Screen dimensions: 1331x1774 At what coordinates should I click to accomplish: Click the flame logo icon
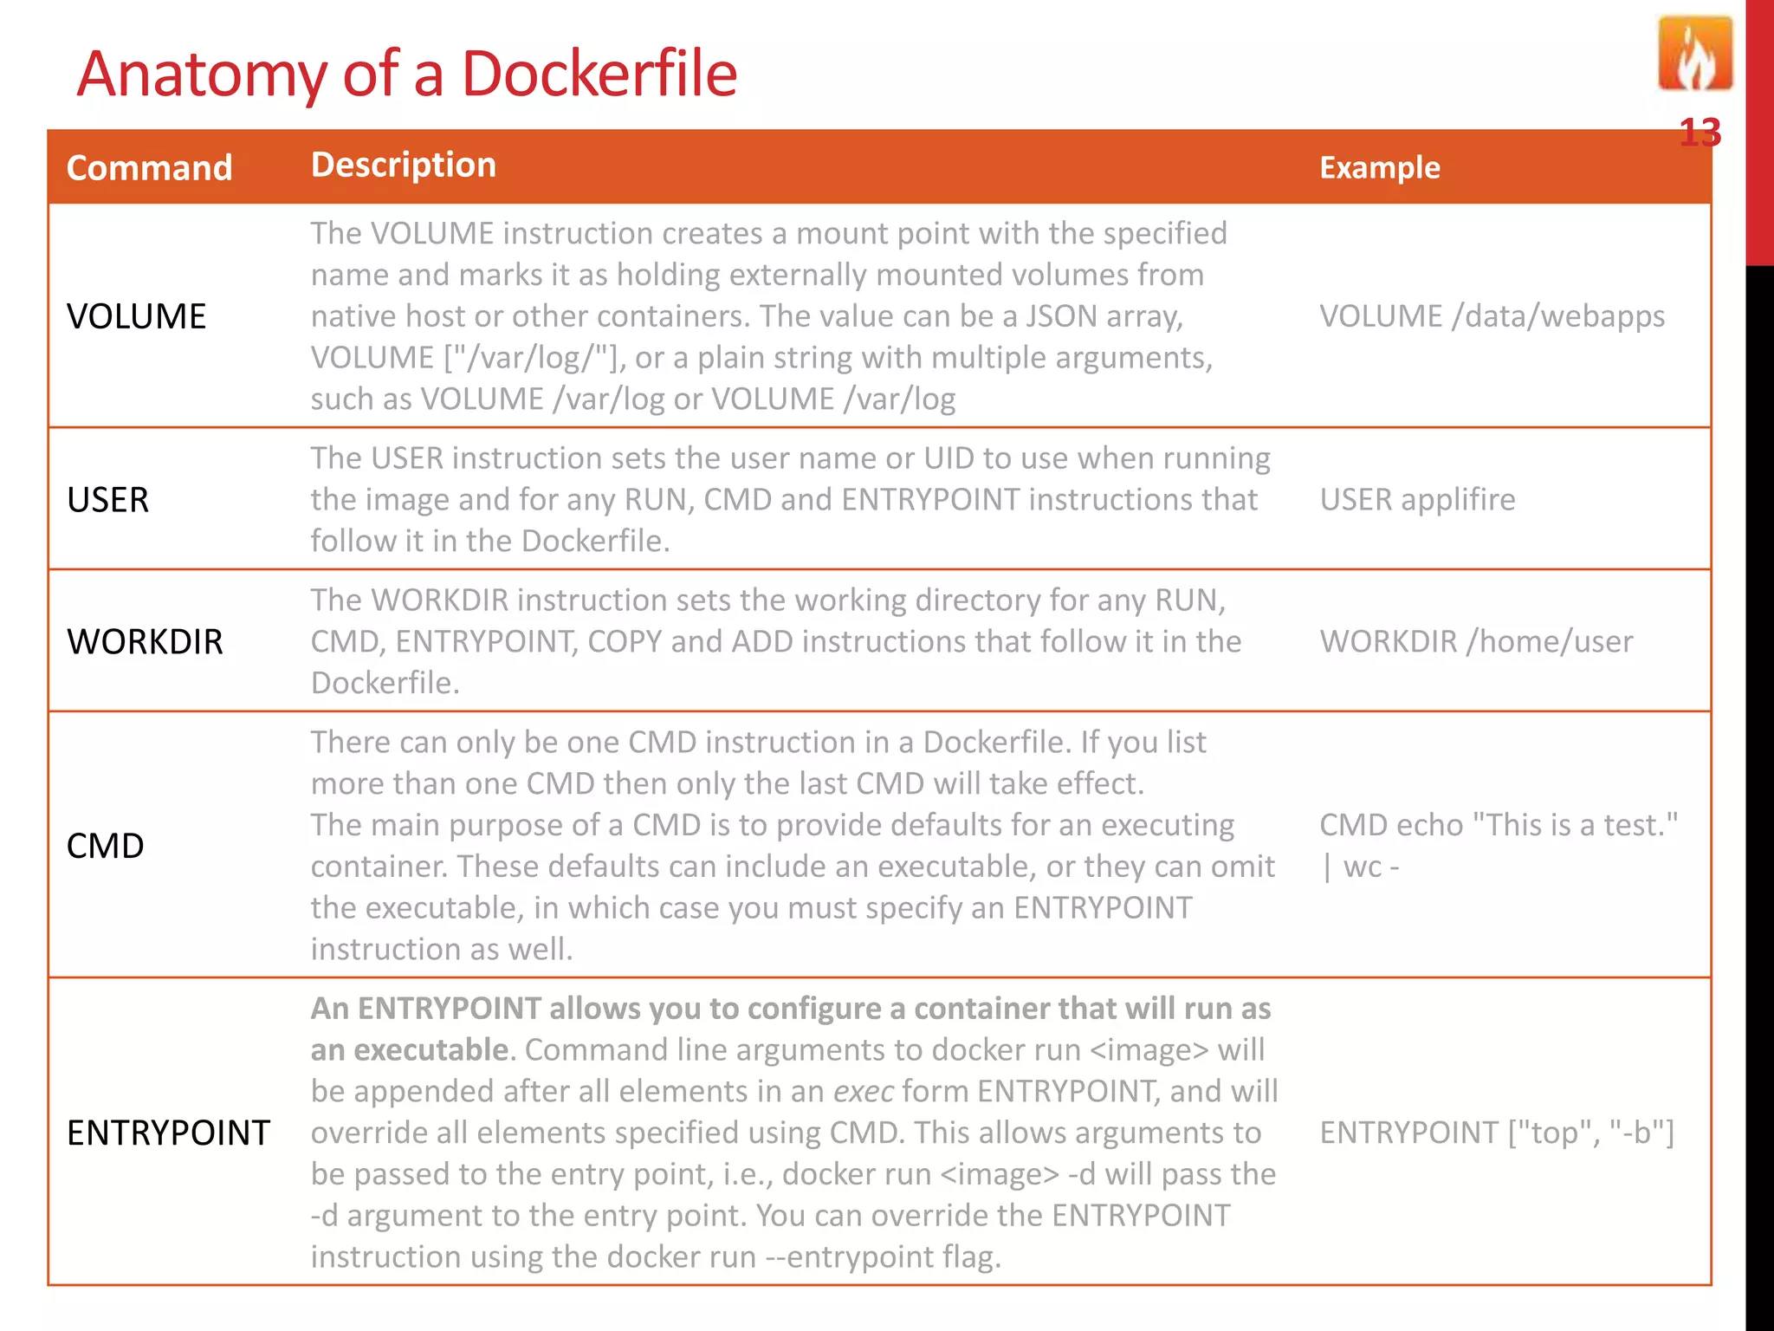[1695, 55]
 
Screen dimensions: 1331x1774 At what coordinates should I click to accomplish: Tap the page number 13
[1700, 133]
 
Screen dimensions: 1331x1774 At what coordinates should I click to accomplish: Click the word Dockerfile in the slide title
[599, 75]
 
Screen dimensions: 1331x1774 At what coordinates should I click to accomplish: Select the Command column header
[149, 168]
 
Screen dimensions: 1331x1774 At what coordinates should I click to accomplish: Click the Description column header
[404, 165]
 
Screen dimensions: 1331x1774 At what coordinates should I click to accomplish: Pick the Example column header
[1379, 167]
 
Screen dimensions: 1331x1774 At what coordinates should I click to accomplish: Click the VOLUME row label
[136, 317]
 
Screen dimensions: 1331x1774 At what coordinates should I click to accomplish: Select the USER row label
[107, 500]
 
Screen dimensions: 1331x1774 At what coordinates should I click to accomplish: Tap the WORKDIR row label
[145, 642]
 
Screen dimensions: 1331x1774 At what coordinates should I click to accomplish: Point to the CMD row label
[105, 846]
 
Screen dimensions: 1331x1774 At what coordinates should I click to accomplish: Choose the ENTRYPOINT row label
[168, 1133]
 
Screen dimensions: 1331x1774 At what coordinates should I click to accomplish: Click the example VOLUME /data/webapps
[1492, 316]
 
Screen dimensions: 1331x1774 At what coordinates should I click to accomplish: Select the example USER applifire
[1417, 500]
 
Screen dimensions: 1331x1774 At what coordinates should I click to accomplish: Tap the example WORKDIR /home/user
[1476, 642]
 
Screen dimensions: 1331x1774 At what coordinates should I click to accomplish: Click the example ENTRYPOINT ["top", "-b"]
[1497, 1133]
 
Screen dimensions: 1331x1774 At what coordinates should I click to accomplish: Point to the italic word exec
[863, 1092]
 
